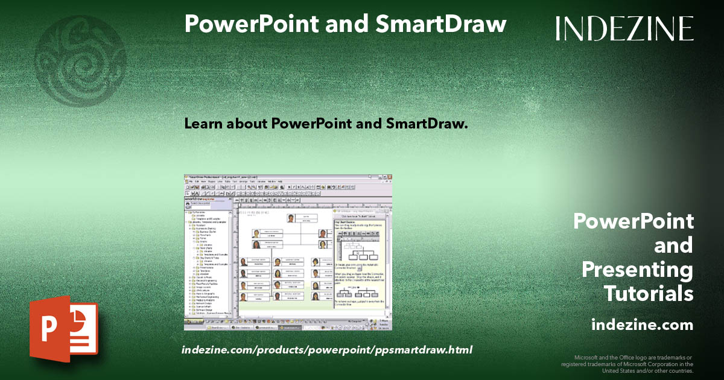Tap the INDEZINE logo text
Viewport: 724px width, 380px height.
(624, 28)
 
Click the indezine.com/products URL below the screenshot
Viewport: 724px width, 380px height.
(326, 350)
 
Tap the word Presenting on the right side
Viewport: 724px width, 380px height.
(637, 270)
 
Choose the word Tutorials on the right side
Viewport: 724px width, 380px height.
(649, 294)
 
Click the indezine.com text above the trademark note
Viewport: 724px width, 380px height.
(642, 325)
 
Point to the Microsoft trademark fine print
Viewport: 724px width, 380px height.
(627, 364)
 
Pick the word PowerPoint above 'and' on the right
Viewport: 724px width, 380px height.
(633, 221)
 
